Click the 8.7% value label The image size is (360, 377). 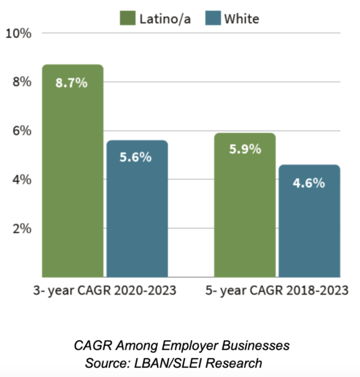[72, 84]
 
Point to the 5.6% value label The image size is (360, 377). [136, 157]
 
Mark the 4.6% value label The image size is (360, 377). [309, 183]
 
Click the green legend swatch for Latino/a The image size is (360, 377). [127, 19]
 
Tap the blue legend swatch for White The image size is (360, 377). [212, 19]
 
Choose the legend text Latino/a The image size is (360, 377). [164, 19]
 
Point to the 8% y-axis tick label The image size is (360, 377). [22, 82]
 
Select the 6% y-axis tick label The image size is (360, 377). [22, 131]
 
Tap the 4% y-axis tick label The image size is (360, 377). [22, 180]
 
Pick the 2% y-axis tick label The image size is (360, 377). [22, 229]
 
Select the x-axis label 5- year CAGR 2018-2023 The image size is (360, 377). [277, 290]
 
